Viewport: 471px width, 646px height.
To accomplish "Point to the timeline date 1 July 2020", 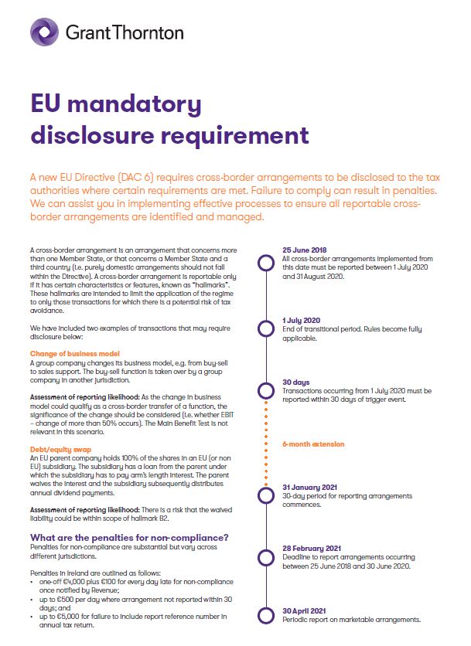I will click(x=302, y=319).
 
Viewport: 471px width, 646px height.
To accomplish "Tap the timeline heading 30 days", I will click(x=296, y=382).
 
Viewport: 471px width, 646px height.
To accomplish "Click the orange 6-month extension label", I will click(x=313, y=444).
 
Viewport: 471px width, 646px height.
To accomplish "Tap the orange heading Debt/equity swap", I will click(x=60, y=448).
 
